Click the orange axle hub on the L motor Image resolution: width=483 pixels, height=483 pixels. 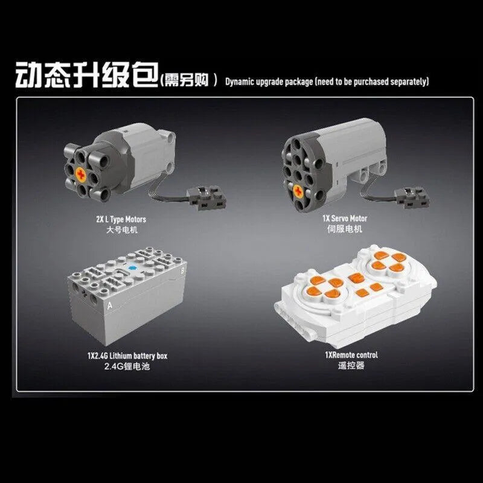click(x=82, y=174)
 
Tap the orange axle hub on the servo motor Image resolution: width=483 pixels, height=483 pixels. click(x=298, y=191)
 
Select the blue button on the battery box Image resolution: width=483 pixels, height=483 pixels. click(x=133, y=268)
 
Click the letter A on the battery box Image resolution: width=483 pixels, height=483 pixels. click(x=110, y=305)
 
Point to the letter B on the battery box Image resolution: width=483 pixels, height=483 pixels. click(x=182, y=271)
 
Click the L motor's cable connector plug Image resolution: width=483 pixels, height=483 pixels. click(x=207, y=198)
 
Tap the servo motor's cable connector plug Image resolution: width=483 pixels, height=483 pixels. click(x=412, y=197)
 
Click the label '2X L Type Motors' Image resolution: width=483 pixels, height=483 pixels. click(x=121, y=219)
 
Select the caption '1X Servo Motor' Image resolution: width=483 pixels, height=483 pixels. click(x=345, y=219)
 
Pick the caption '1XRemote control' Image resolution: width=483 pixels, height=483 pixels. click(x=351, y=355)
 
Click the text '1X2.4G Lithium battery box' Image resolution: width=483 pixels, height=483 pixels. click(x=127, y=356)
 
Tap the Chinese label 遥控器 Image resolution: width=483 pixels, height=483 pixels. click(x=351, y=366)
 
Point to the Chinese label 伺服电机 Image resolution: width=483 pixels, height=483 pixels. click(x=345, y=229)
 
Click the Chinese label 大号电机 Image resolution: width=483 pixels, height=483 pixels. click(x=122, y=230)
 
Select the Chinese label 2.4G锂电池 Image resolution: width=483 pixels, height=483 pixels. click(x=127, y=366)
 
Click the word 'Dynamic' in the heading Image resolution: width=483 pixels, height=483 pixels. click(x=240, y=82)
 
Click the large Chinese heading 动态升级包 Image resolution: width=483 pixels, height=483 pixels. click(x=87, y=75)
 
